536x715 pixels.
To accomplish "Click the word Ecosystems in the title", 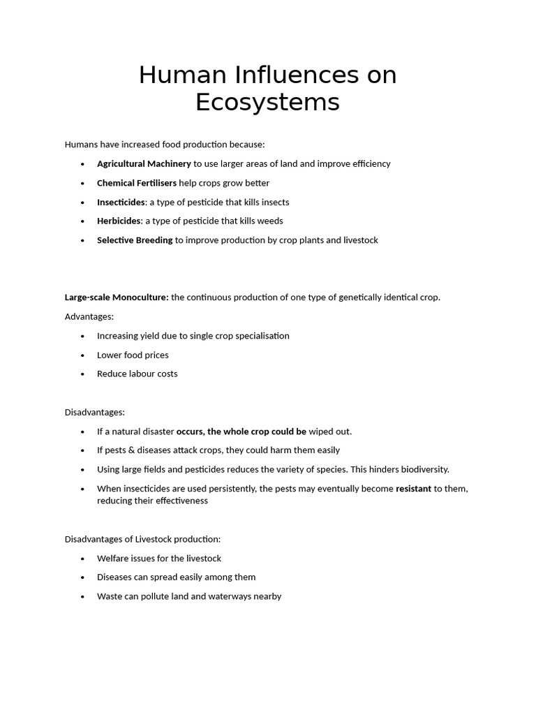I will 267,102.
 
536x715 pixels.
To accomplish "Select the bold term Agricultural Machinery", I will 144,163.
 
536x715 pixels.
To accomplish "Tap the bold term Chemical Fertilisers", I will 137,183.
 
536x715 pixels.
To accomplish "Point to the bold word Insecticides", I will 121,202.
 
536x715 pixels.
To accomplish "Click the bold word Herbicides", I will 119,221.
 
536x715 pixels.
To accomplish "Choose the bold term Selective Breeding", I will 135,240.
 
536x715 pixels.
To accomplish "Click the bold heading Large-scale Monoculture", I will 117,297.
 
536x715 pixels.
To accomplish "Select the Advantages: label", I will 89,316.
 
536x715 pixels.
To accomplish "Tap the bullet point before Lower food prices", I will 82,355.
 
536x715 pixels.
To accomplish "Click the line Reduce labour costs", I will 137,374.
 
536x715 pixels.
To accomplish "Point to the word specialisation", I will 261,336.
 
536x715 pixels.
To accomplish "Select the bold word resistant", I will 413,489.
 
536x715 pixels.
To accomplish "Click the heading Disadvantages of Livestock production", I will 142,539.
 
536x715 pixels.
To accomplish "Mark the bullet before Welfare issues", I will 82,559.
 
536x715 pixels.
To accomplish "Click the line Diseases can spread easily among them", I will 176,577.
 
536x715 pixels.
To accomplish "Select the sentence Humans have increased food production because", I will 165,145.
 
